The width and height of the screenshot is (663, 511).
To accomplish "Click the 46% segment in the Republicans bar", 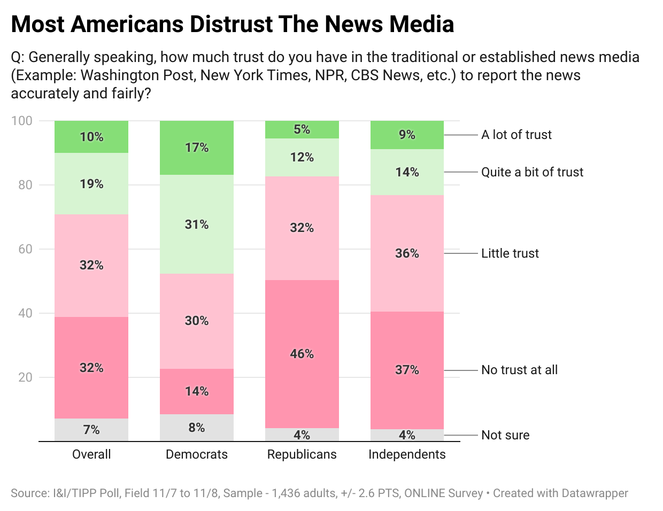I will coord(302,354).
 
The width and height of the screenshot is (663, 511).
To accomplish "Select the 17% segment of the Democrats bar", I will coord(197,148).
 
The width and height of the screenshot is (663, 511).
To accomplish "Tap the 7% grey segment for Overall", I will coord(91,430).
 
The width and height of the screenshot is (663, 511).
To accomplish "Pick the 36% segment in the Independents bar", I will coord(407,253).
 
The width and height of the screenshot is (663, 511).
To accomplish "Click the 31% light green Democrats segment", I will coord(197,224).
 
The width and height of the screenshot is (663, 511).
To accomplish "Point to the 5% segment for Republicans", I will coord(302,129).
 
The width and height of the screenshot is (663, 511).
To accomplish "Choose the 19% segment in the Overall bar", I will coord(91,184).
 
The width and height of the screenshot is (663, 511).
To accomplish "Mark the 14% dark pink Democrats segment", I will coord(197,391).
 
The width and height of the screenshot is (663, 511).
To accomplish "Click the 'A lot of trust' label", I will coord(516,135).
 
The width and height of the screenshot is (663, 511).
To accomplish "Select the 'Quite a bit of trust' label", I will coord(532,172).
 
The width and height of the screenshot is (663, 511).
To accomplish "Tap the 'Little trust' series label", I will coord(510,253).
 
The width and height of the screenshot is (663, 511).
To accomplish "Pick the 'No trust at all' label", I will coord(519,370).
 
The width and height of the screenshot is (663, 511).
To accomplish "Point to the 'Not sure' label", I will coord(505,435).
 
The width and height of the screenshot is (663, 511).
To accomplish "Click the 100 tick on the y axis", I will coord(22,121).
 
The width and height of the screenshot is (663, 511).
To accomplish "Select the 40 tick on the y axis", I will coord(25,313).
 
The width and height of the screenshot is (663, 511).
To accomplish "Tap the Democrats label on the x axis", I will coord(197,454).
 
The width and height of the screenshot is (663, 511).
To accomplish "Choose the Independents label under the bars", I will coord(407,454).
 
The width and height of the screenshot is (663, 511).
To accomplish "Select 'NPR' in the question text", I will coord(329,75).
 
